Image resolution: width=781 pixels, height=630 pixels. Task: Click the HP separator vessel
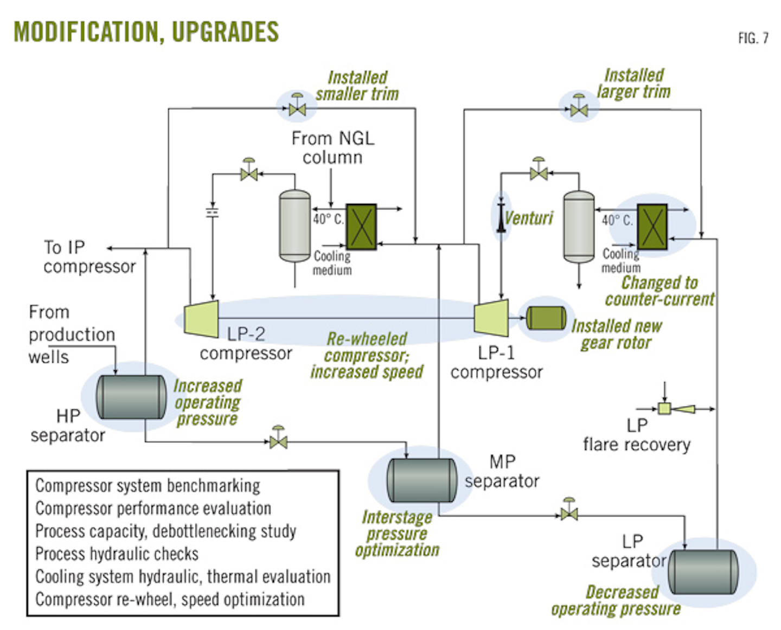tap(131, 397)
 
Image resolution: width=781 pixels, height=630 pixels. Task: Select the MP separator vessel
tap(421, 480)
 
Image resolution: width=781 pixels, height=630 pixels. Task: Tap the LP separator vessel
tap(703, 572)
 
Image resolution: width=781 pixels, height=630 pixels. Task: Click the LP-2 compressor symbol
tap(201, 318)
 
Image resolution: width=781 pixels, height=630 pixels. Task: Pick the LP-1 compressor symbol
tap(491, 318)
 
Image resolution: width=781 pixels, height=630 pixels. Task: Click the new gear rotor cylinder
tap(546, 318)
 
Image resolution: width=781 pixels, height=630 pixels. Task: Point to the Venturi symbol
tap(501, 217)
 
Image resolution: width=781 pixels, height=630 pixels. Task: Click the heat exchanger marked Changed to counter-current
tap(652, 227)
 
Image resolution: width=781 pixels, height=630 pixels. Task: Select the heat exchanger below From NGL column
tap(361, 227)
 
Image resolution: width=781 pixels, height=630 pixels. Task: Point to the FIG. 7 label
tap(753, 38)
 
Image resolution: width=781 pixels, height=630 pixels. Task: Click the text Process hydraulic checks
tap(117, 554)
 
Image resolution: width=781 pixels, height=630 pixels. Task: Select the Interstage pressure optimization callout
tap(397, 533)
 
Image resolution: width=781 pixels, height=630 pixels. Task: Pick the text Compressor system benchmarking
tap(148, 485)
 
